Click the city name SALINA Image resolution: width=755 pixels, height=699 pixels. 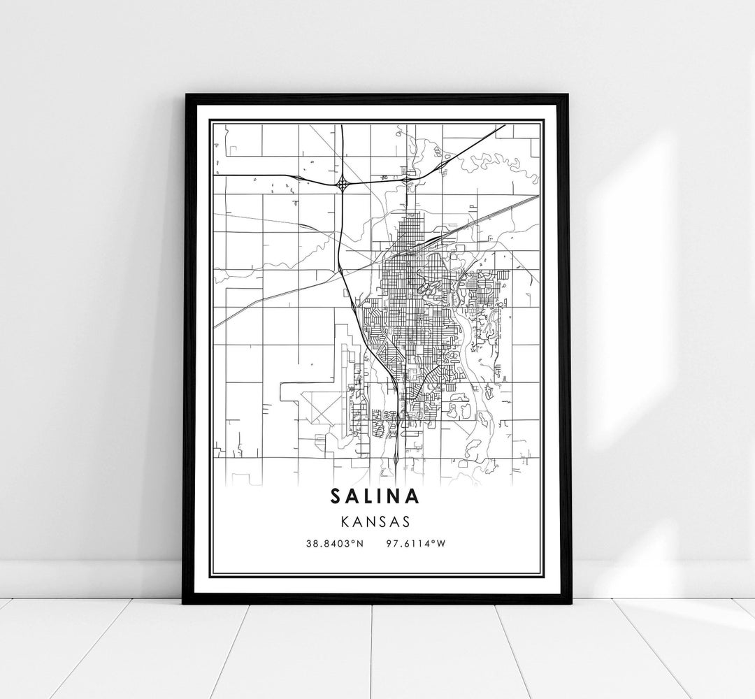[376, 496]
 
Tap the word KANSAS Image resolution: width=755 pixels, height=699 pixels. [376, 521]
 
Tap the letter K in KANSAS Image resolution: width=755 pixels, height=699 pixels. [345, 521]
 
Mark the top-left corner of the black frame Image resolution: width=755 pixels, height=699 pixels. [185, 94]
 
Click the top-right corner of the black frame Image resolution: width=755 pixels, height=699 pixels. [570, 94]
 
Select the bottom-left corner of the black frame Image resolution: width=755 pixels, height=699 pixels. [184, 603]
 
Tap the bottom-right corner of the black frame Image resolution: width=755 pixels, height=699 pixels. [570, 603]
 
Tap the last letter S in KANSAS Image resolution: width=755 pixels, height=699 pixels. [406, 521]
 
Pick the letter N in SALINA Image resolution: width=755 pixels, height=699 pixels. [396, 496]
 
